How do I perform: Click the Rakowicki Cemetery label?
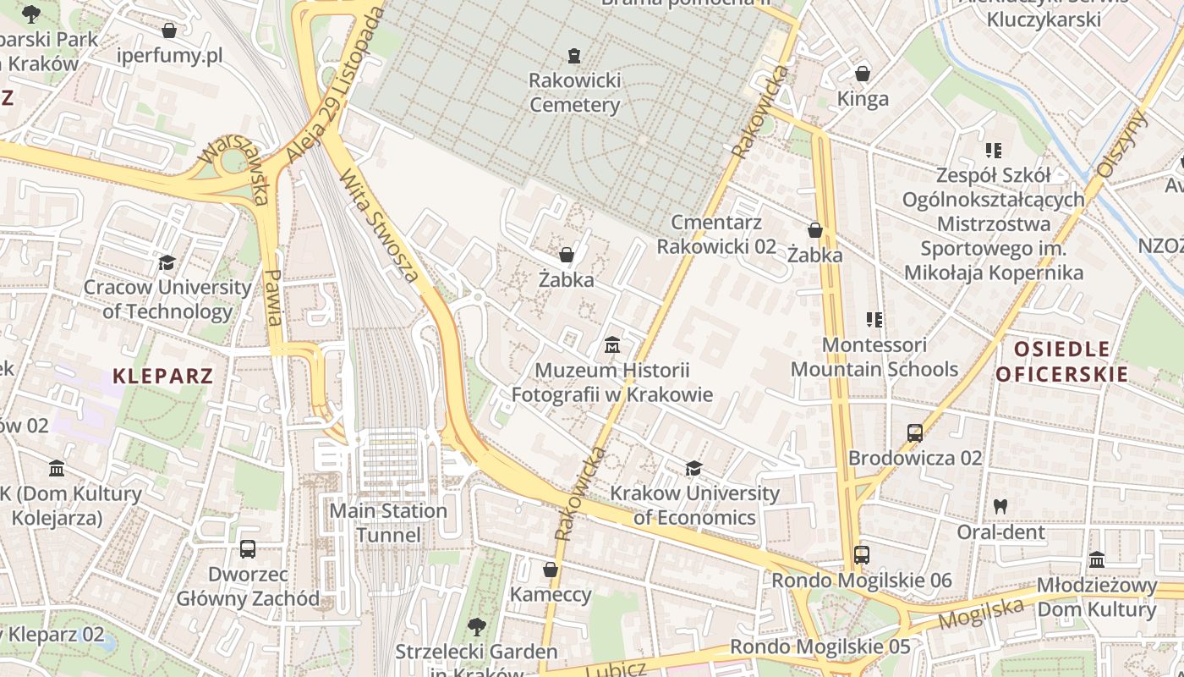pyautogui.click(x=574, y=92)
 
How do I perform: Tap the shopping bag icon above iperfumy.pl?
pyautogui.click(x=169, y=30)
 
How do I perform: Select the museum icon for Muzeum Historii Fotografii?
pyautogui.click(x=612, y=345)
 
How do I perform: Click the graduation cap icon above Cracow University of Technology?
pyautogui.click(x=167, y=262)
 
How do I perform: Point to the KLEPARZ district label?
pyautogui.click(x=162, y=376)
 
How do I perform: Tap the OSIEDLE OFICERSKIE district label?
pyautogui.click(x=1061, y=361)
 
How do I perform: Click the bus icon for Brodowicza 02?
pyautogui.click(x=914, y=433)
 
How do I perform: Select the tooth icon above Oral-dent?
pyautogui.click(x=1000, y=507)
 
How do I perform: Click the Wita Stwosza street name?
pyautogui.click(x=379, y=226)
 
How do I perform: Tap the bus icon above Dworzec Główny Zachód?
pyautogui.click(x=247, y=549)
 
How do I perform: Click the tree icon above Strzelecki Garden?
pyautogui.click(x=476, y=627)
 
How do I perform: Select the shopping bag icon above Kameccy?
pyautogui.click(x=551, y=570)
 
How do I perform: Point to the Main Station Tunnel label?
pyautogui.click(x=388, y=522)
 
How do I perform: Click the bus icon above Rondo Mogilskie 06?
pyautogui.click(x=861, y=555)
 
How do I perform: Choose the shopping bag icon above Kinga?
pyautogui.click(x=863, y=74)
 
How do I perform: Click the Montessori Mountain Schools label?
pyautogui.click(x=874, y=356)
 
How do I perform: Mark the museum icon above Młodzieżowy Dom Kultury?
pyautogui.click(x=1097, y=560)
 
